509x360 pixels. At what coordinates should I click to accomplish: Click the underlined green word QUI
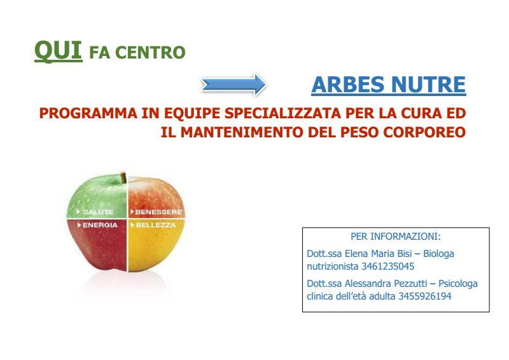[59, 52]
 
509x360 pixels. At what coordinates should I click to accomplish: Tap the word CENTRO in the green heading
[150, 53]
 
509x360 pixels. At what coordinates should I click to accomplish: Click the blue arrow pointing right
[234, 85]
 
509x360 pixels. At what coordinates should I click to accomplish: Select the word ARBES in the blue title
[347, 85]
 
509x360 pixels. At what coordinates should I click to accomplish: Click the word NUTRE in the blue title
[428, 85]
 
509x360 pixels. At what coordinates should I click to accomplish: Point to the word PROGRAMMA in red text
[88, 113]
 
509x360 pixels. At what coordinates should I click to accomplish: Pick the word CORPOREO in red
[424, 132]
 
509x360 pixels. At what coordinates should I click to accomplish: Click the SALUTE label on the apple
[99, 212]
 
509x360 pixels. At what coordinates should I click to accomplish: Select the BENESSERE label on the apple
[158, 212]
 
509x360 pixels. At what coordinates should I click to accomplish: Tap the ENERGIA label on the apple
[100, 225]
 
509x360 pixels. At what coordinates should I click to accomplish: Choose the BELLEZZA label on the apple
[155, 225]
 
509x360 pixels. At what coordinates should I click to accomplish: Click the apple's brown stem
[123, 177]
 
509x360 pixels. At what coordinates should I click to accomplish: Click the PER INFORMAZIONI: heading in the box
[395, 237]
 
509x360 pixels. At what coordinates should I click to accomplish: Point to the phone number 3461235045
[387, 267]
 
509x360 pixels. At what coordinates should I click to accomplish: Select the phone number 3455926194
[424, 296]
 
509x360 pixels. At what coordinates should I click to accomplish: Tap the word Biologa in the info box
[438, 254]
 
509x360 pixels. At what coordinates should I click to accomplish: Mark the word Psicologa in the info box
[458, 284]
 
